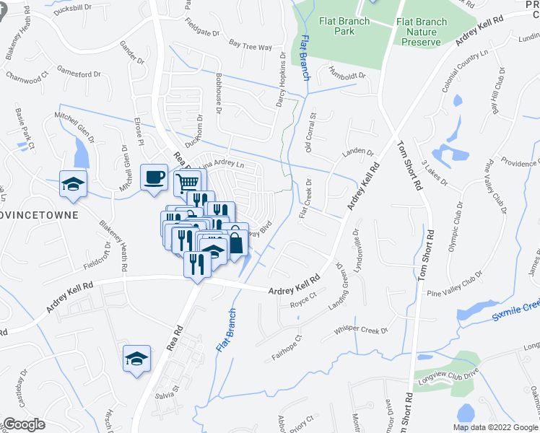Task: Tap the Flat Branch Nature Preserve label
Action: coord(422,32)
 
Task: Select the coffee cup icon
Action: coord(155,177)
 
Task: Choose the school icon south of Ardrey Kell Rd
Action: coord(136,357)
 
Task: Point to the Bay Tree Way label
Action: coord(250,45)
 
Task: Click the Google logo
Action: coord(25,424)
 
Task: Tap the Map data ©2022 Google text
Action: coord(495,427)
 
